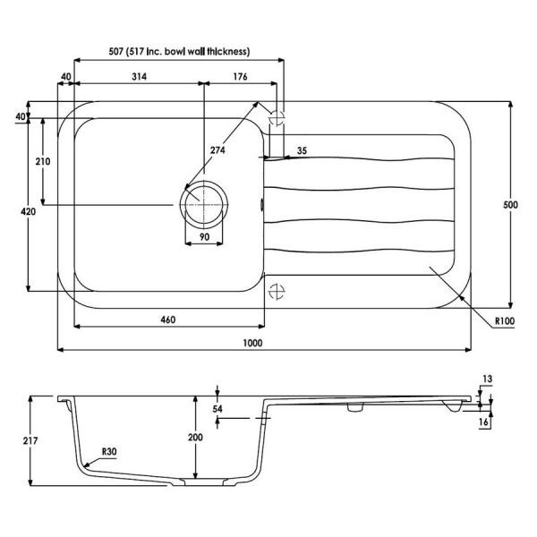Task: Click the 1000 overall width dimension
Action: coord(252,343)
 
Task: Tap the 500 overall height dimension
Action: coord(510,205)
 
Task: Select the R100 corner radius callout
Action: coord(505,321)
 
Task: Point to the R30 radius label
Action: coord(109,452)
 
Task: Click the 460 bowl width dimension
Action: coord(168,320)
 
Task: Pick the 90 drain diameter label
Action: coord(204,236)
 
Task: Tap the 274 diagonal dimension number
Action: coord(217,150)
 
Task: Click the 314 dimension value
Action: coord(140,76)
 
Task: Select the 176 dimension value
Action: coord(240,76)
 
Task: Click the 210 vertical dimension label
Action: coord(43,161)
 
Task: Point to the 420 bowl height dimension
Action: coord(28,211)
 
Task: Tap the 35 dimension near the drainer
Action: coord(302,150)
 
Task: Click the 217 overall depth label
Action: coord(30,440)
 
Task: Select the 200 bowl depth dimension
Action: coord(195,437)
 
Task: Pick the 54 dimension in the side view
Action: coord(217,409)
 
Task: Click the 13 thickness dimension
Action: coord(488,379)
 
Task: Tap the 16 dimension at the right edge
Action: coord(483,422)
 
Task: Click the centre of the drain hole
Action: coord(204,205)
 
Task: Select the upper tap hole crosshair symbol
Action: coord(277,118)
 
